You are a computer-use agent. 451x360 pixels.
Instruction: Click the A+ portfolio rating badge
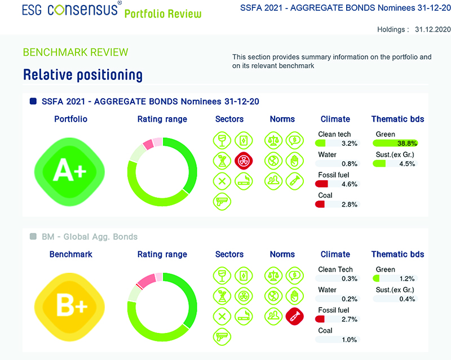70,169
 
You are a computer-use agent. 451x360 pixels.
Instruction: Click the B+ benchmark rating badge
70,304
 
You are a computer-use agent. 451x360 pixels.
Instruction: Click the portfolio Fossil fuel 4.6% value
350,184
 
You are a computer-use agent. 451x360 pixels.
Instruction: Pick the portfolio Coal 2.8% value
350,205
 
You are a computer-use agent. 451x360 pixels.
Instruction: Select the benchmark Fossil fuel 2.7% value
350,319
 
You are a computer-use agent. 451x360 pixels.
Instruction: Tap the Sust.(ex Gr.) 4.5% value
406,164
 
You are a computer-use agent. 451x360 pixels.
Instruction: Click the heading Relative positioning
82,74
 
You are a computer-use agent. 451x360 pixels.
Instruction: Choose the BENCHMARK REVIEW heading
76,52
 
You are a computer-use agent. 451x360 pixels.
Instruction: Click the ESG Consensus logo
70,10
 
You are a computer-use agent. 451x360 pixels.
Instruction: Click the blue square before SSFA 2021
32,101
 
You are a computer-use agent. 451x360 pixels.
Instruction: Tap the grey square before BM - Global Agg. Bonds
32,237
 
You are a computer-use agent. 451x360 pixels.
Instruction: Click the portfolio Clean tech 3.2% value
350,144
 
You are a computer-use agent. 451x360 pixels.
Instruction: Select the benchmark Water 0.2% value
350,299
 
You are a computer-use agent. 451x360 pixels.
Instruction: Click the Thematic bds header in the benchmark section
397,254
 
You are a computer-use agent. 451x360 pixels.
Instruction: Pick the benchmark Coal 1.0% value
350,340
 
